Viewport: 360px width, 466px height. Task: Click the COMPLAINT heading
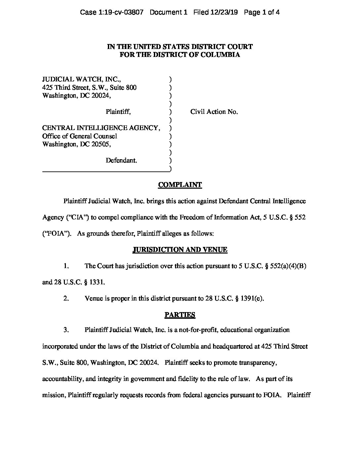point(180,185)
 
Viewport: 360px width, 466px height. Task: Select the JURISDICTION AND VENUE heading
point(180,250)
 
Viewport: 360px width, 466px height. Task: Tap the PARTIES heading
point(180,315)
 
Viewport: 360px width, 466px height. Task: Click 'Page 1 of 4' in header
point(262,13)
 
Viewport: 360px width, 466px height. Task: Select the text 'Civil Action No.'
point(214,112)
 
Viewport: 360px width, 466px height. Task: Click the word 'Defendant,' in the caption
point(121,161)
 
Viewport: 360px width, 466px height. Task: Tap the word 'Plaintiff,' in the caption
point(118,112)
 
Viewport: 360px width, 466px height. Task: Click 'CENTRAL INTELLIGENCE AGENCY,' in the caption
point(101,128)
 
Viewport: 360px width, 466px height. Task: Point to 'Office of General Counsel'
point(80,136)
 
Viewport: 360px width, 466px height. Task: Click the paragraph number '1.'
point(66,266)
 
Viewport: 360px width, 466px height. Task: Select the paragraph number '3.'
point(66,330)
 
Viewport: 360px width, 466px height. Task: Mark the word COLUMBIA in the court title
point(221,55)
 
